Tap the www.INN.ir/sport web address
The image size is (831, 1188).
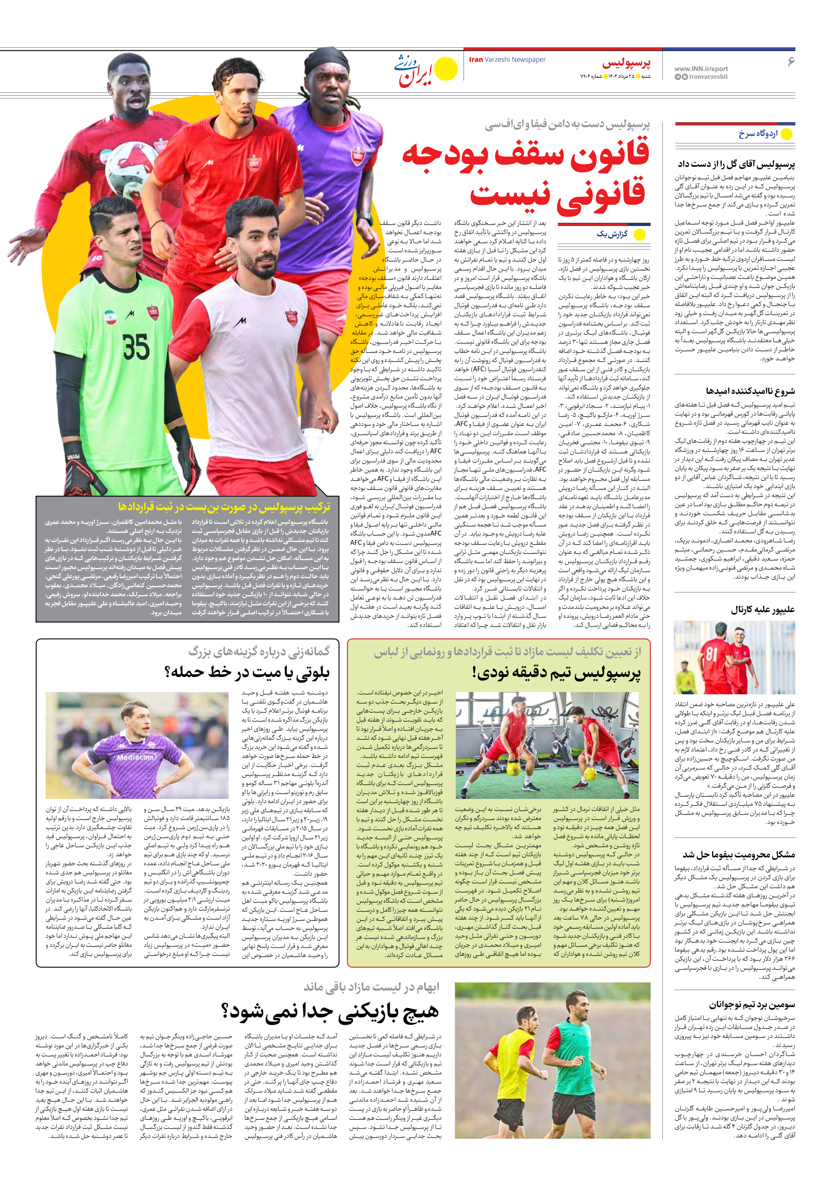(701, 68)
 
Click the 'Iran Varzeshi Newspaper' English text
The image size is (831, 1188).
(507, 60)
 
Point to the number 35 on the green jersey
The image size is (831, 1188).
(136, 347)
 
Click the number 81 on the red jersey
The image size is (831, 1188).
(712, 653)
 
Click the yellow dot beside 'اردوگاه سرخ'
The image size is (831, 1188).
(786, 134)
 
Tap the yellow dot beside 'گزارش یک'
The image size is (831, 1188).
(640, 235)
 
